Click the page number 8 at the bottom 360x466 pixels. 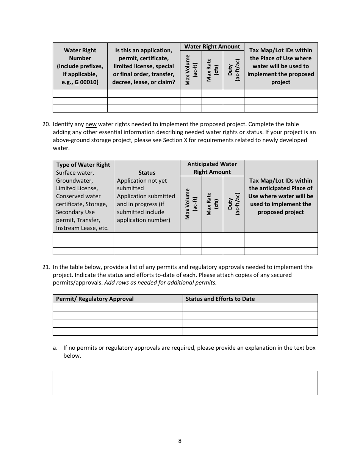pyautogui.click(x=180, y=441)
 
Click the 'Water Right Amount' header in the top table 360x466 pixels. pyautogui.click(x=212, y=47)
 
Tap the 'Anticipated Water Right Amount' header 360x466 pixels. pyautogui.click(x=212, y=168)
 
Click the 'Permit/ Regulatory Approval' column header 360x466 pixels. pyautogui.click(x=95, y=299)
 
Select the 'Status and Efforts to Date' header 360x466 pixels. pyautogui.click(x=220, y=299)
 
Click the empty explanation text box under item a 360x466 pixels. pyautogui.click(x=185, y=383)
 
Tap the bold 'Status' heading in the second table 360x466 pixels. pyautogui.click(x=147, y=173)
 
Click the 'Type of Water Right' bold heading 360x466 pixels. pyautogui.click(x=83, y=165)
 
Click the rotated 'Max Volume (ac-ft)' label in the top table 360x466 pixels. pyautogui.click(x=191, y=70)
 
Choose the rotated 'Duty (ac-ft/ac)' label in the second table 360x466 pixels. pyautogui.click(x=233, y=203)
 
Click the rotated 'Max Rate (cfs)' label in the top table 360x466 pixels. pyautogui.click(x=212, y=70)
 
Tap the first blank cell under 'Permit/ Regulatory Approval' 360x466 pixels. pyautogui.click(x=117, y=307)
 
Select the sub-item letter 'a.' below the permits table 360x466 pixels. pyautogui.click(x=55, y=348)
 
